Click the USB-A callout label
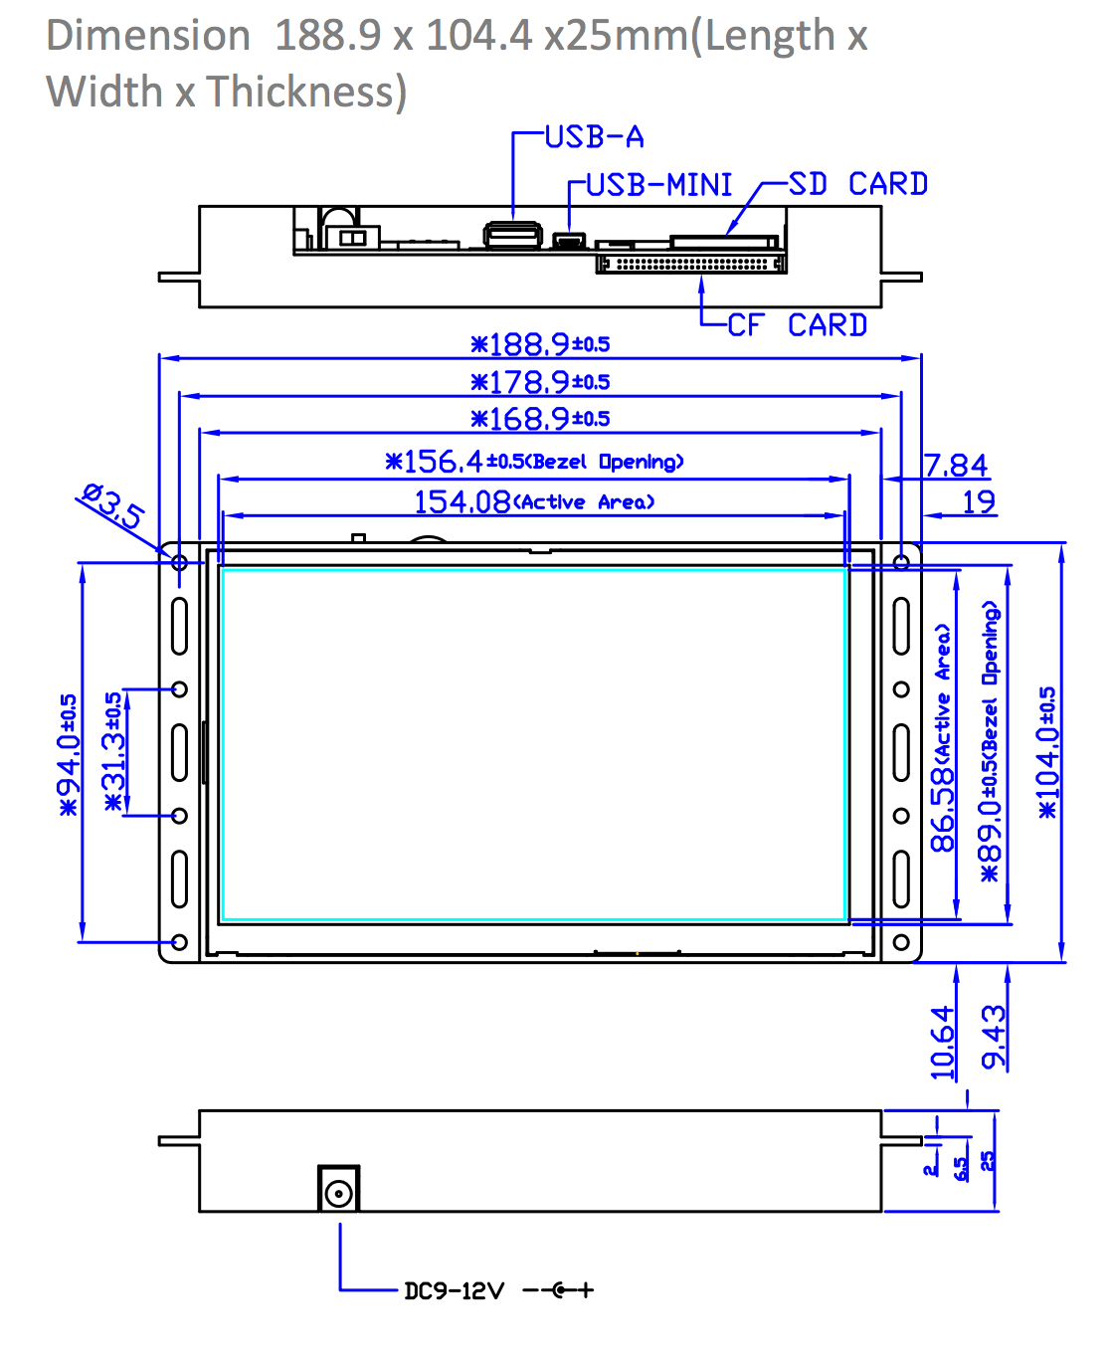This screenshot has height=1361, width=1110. coord(595,137)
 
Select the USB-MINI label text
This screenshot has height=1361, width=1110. coord(659,185)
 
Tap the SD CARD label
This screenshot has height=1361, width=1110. coord(857,184)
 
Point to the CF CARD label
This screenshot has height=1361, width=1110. coord(797,325)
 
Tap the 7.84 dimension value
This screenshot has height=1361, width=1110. coord(955,466)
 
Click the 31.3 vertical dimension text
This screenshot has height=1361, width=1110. coord(114,752)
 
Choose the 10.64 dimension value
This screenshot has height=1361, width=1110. coord(942,1043)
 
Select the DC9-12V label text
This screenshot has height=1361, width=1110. coord(454,1291)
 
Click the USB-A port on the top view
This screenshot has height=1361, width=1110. coord(513,235)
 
